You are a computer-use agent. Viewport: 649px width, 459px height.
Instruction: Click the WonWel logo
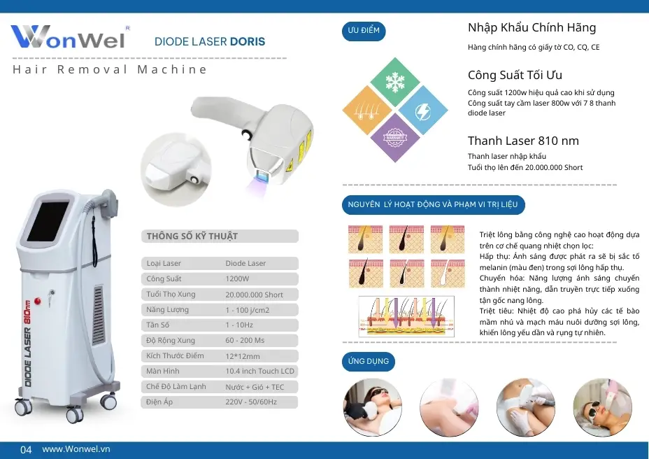click(x=69, y=36)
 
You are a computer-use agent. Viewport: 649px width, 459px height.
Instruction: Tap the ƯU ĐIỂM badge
click(x=363, y=31)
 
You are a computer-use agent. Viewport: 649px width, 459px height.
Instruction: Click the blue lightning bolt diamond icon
click(x=422, y=111)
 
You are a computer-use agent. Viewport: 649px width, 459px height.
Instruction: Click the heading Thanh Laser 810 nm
click(x=523, y=141)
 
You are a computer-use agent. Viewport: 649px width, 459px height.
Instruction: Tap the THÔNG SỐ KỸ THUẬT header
click(x=193, y=236)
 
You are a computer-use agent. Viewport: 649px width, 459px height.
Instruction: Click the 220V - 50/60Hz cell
click(x=251, y=402)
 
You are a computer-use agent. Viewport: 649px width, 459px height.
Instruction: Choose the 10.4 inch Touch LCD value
click(x=259, y=372)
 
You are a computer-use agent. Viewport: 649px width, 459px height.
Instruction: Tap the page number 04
click(x=26, y=450)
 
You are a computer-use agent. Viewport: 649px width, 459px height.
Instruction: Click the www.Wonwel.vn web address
click(x=76, y=449)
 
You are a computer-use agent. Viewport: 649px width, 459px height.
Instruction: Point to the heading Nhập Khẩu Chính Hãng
click(x=532, y=28)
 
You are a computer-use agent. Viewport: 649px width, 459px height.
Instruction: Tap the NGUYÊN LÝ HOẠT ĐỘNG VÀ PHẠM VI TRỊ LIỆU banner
click(x=433, y=205)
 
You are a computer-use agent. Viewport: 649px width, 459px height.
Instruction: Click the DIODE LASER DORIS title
click(x=210, y=41)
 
